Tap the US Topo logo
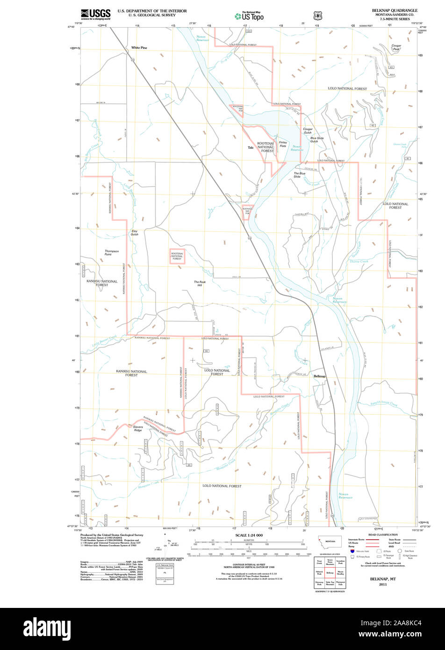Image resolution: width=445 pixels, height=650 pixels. point(250,16)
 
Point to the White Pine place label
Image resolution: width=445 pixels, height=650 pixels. point(139,48)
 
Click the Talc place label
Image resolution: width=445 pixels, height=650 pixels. point(251,148)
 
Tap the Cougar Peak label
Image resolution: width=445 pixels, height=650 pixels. point(396,47)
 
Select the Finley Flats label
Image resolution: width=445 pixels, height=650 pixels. point(283,144)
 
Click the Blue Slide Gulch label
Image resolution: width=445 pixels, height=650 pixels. point(317,139)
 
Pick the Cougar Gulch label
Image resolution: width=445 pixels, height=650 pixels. point(307,130)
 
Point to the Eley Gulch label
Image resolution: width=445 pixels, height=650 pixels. point(135,232)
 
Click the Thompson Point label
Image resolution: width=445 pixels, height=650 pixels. point(111,253)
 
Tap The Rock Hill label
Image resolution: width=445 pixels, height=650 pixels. point(200,283)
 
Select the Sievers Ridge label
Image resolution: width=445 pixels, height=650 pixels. point(137,428)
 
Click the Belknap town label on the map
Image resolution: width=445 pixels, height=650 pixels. point(320,376)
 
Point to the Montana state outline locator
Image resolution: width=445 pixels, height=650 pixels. point(330,542)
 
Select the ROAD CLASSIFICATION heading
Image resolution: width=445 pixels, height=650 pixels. point(383,534)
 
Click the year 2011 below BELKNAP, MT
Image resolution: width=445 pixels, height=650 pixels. point(383,584)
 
